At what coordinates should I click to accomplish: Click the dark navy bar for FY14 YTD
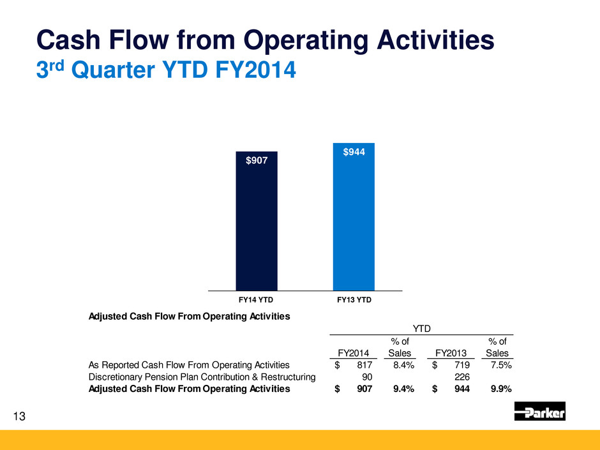(257, 223)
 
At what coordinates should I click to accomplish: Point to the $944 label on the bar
(354, 152)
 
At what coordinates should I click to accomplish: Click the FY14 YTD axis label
(256, 299)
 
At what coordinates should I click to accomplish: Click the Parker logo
(539, 411)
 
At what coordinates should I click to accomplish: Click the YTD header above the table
(421, 328)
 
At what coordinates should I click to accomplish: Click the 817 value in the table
(371, 365)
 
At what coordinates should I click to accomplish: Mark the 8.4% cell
(404, 365)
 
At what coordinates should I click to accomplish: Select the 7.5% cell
(499, 365)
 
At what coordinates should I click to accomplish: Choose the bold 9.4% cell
(403, 388)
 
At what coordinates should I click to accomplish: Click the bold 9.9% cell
(499, 388)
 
